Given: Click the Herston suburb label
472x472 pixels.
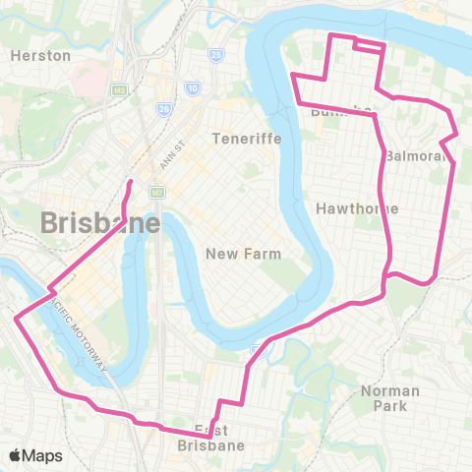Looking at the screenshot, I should pyautogui.click(x=40, y=56).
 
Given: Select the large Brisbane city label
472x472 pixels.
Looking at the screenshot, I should pyautogui.click(x=100, y=224).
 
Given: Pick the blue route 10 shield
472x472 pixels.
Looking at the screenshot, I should pyautogui.click(x=193, y=89).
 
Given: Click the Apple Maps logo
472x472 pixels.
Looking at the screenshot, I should pyautogui.click(x=36, y=454).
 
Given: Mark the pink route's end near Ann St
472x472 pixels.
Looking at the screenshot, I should pyautogui.click(x=130, y=182).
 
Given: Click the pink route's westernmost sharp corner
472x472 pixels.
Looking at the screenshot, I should pyautogui.click(x=16, y=317).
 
